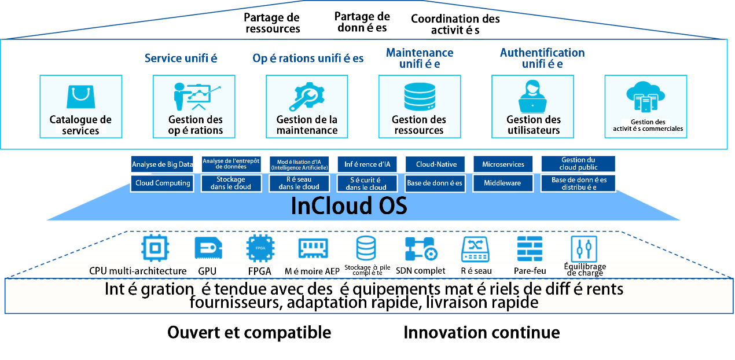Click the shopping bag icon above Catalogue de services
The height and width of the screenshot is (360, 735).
pyautogui.click(x=80, y=97)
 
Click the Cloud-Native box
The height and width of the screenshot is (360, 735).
pyautogui.click(x=436, y=164)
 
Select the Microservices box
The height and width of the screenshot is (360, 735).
pyautogui.click(x=503, y=164)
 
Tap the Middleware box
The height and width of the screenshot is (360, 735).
pyautogui.click(x=503, y=183)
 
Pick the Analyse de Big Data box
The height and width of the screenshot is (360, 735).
pyautogui.click(x=162, y=164)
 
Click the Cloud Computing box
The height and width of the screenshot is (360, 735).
pyautogui.click(x=162, y=183)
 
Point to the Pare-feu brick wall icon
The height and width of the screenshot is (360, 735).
pyautogui.click(x=529, y=249)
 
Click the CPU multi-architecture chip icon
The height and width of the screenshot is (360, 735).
pyautogui.click(x=156, y=249)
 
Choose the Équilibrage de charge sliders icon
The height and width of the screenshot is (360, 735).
pyautogui.click(x=583, y=249)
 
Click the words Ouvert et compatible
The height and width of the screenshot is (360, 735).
pyautogui.click(x=249, y=333)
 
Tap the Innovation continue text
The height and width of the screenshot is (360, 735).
pyautogui.click(x=482, y=333)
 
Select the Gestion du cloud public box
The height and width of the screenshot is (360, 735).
pyautogui.click(x=578, y=164)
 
